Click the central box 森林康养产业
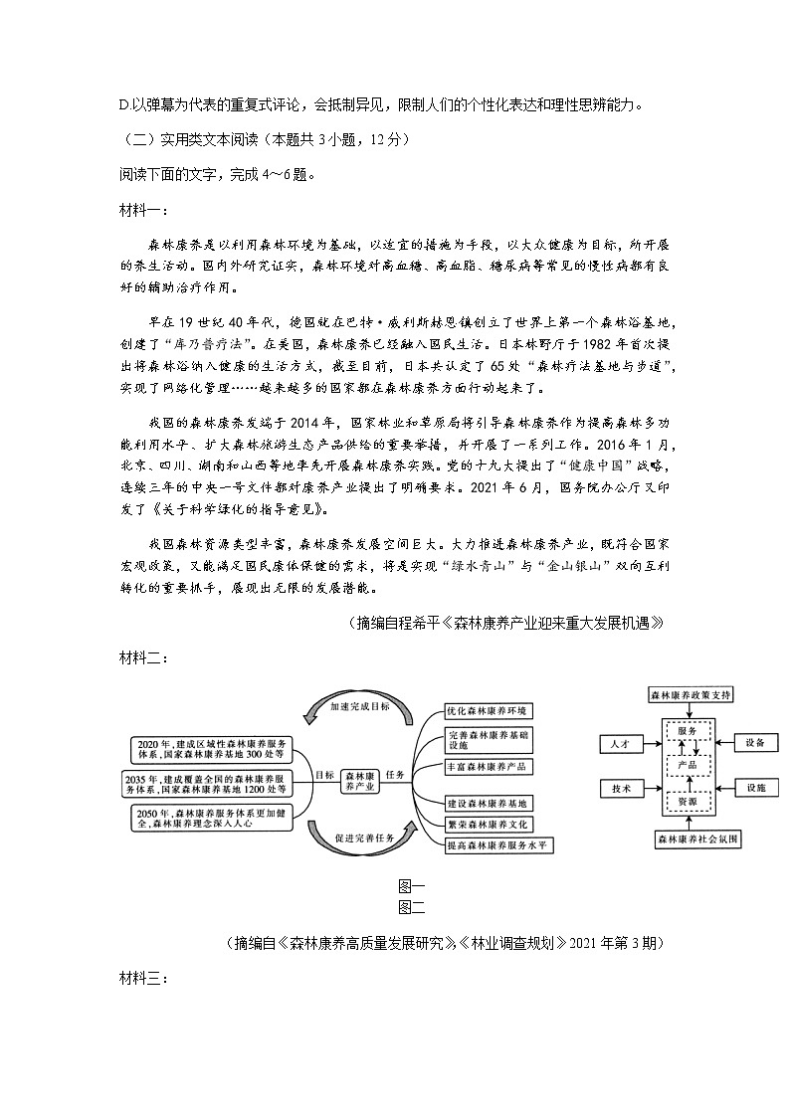(360, 780)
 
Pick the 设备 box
(754, 743)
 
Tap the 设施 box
(754, 788)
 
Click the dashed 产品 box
(687, 766)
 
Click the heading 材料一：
(144, 210)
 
